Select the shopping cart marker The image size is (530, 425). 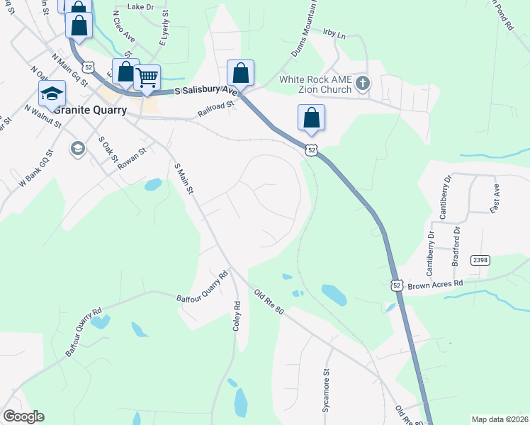[147, 78]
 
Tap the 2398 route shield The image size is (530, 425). [480, 260]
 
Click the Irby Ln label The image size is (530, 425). [333, 34]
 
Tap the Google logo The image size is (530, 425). [23, 416]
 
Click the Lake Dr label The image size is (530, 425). [140, 6]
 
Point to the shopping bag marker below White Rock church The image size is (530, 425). [312, 118]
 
